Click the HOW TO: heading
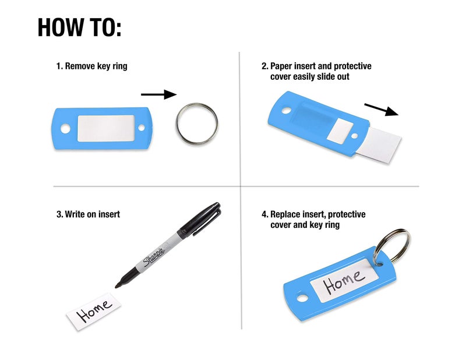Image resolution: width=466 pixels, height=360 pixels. pos(80,27)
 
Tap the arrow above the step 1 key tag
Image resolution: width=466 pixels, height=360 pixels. pos(158,94)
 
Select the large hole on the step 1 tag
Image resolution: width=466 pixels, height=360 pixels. pos(65,129)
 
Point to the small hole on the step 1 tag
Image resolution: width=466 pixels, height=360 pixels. pos(142,128)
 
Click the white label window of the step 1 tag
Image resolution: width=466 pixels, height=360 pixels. pos(106,128)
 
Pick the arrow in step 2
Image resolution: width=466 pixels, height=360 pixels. pos(382,110)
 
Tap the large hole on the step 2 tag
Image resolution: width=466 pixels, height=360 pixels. pos(286,111)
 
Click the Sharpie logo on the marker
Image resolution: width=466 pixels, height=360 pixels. pos(154,256)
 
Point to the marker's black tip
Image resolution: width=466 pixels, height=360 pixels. pos(118,286)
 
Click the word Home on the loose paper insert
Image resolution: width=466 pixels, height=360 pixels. pos(94,310)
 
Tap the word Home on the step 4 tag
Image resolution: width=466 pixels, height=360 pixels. pos(344,280)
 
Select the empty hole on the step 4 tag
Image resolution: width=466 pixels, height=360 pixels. pos(302,298)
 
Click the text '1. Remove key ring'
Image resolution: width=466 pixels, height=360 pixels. pos(92,66)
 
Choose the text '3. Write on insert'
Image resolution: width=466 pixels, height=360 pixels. pos(88,214)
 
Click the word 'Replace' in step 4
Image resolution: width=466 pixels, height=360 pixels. pos(285,214)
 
